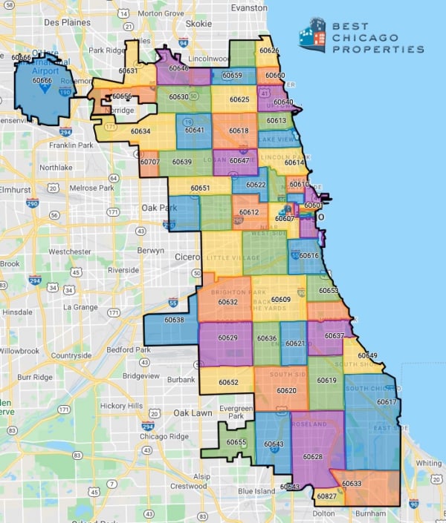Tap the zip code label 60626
coord(269,50)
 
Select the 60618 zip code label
coord(239,131)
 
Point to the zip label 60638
coord(174,320)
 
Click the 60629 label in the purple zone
coord(228,338)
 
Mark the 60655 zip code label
coord(236,442)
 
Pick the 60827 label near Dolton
coord(326,496)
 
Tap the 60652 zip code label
coord(229,382)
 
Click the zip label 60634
coord(140,131)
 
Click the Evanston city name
coord(249,7)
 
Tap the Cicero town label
coord(188,257)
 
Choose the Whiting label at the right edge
coord(429,463)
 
